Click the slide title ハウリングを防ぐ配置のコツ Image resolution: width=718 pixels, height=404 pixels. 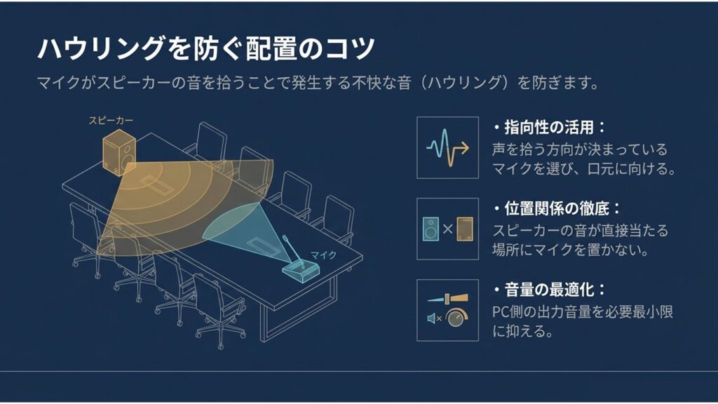(x=206, y=49)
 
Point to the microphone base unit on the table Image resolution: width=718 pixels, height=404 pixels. (x=301, y=269)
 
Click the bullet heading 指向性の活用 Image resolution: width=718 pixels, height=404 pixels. (x=554, y=128)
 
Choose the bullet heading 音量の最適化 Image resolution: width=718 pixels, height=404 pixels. (x=554, y=290)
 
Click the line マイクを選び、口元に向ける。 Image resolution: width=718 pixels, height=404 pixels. (x=583, y=169)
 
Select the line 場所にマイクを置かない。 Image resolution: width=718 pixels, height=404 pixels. (x=569, y=249)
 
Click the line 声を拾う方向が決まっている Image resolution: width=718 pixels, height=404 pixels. (x=579, y=149)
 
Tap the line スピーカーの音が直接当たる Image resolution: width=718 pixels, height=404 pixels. (x=580, y=229)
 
